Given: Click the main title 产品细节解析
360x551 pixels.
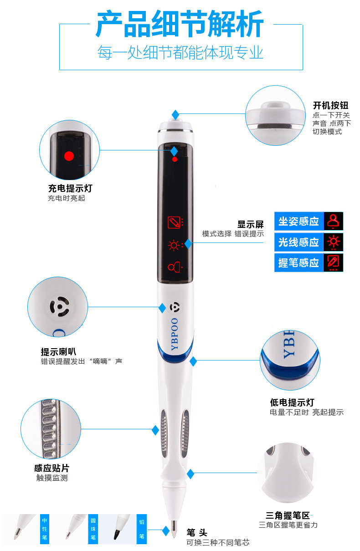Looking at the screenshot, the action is (180, 24).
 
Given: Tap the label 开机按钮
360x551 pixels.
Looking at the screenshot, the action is (330, 106).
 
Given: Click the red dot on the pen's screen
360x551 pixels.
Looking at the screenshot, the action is (175, 160).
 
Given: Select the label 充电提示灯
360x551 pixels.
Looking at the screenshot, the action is (70, 188).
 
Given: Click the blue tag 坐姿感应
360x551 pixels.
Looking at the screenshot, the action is (298, 221).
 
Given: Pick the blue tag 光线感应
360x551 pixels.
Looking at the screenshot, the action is (298, 242).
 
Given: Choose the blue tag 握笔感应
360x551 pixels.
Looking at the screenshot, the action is (298, 263).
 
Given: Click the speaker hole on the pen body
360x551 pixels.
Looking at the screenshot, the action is (175, 308).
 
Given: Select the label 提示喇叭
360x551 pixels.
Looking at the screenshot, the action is (58, 352).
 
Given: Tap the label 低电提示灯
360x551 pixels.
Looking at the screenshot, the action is (292, 403).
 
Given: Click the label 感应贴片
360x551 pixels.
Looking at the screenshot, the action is (51, 468).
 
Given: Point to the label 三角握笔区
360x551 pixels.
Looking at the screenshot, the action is (288, 515).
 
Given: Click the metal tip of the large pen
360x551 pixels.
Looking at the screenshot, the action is (174, 529).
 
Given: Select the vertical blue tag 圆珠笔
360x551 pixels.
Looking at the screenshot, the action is (93, 529).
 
